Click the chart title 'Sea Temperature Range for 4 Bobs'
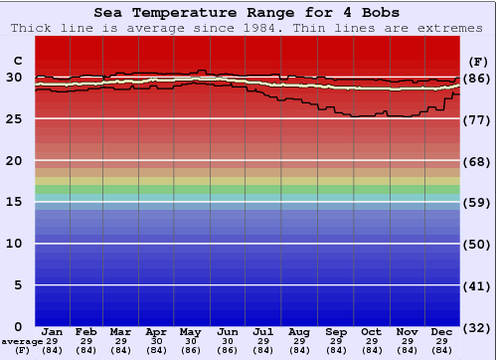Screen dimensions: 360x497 click(x=248, y=13)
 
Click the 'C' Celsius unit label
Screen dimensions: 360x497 click(x=16, y=61)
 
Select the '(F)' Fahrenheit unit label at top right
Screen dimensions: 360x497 click(x=478, y=61)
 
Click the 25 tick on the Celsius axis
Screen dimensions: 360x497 click(x=14, y=119)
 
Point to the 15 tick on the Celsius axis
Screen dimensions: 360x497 click(x=14, y=202)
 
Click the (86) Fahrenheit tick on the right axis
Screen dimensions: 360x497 click(x=477, y=78)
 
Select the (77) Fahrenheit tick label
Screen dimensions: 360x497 click(x=477, y=119)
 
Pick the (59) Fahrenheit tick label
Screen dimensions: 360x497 click(x=477, y=202)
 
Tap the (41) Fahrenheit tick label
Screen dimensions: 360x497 click(x=477, y=285)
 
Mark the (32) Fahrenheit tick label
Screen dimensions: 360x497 click(x=477, y=327)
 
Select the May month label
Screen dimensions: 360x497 click(x=191, y=332)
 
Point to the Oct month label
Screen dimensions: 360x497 click(x=371, y=332)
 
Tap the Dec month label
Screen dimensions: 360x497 click(x=442, y=332)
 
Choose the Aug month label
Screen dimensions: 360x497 click(x=299, y=332)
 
